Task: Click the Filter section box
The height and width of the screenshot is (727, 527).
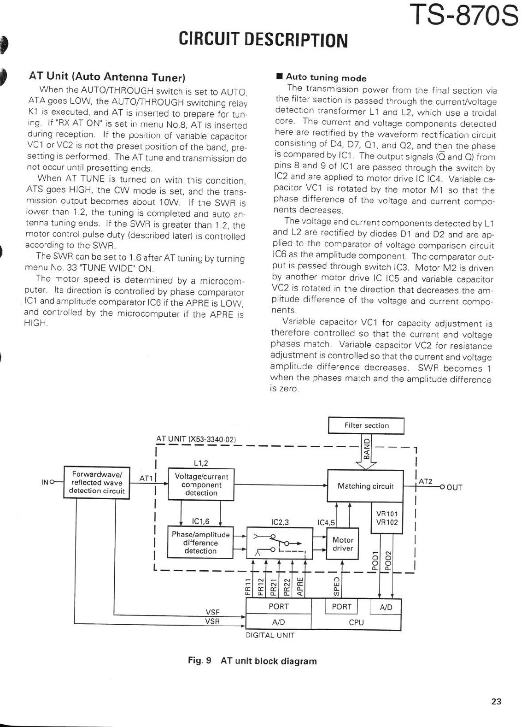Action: click(366, 426)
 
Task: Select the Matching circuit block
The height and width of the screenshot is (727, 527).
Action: click(365, 486)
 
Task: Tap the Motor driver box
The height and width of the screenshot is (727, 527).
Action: click(343, 544)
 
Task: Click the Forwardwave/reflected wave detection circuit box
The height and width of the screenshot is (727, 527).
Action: click(97, 482)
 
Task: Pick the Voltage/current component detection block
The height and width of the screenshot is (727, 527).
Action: click(201, 485)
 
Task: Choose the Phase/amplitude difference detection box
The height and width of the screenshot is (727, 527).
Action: click(200, 543)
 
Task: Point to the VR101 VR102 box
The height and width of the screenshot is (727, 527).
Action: click(387, 518)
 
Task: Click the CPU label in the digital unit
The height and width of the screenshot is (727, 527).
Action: click(356, 622)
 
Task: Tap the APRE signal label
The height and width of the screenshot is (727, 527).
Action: click(300, 586)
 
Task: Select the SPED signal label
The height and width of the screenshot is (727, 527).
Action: click(337, 585)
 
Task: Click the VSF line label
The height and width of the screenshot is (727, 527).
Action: click(212, 612)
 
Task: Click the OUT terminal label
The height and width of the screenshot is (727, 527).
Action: click(454, 488)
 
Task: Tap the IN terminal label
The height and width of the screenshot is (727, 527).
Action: click(45, 482)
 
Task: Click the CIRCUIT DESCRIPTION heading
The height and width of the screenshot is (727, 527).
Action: click(263, 40)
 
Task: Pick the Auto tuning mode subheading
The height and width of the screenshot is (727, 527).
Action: click(326, 78)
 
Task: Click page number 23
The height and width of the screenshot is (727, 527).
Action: click(496, 702)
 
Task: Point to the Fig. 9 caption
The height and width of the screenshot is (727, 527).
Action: click(252, 661)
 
